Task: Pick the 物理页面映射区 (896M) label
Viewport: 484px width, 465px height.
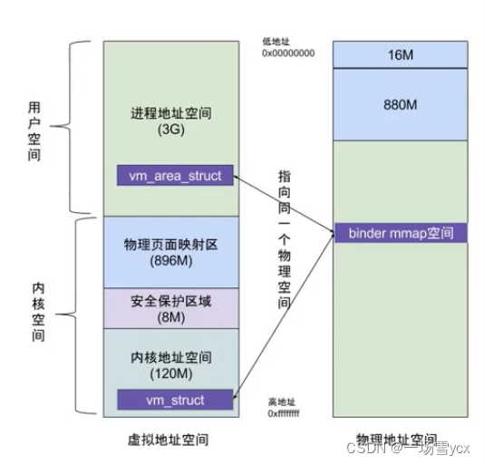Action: coord(170,251)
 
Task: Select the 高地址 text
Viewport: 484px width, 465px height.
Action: coord(282,402)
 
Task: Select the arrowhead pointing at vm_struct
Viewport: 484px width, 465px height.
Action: coord(238,396)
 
